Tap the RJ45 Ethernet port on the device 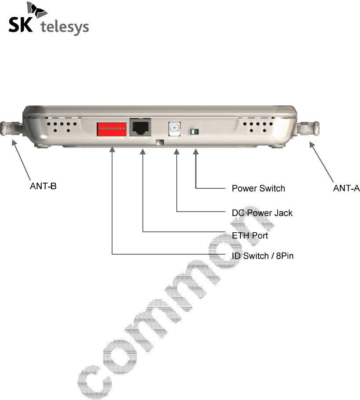[140, 128]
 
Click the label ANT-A [346, 188]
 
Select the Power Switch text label [258, 188]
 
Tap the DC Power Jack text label [262, 213]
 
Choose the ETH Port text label [250, 236]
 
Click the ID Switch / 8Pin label [262, 256]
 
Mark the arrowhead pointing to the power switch [196, 152]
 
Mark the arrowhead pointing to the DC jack [177, 152]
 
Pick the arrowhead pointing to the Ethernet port [143, 152]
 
